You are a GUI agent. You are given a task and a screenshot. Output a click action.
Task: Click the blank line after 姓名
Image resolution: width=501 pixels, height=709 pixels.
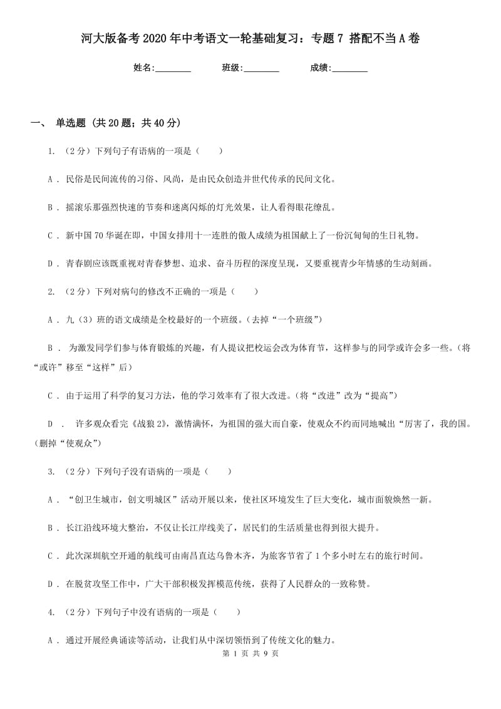tap(173, 68)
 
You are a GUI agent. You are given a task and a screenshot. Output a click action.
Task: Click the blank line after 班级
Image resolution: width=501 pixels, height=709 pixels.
tap(261, 68)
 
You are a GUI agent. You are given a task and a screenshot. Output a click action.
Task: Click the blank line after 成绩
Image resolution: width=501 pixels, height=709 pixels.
tap(349, 68)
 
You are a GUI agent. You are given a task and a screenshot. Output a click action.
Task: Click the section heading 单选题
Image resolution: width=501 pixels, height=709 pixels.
tap(70, 123)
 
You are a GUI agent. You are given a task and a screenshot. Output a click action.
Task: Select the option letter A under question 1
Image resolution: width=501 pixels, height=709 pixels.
tap(50, 179)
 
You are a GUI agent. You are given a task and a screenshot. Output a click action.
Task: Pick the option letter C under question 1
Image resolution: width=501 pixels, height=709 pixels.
tap(50, 235)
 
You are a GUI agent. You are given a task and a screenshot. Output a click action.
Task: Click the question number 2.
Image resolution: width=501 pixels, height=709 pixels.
tap(50, 291)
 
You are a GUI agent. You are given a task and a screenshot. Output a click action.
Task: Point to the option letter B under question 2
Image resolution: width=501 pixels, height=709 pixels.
tap(50, 348)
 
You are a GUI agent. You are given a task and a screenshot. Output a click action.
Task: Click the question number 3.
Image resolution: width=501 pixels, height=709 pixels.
tap(50, 472)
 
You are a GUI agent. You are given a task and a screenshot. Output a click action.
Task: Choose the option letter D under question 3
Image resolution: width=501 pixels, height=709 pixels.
tap(50, 584)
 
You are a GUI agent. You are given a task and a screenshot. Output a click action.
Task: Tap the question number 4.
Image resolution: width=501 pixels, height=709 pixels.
tap(50, 612)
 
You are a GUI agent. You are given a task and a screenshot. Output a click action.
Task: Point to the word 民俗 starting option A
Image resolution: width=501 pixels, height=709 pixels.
tap(73, 179)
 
